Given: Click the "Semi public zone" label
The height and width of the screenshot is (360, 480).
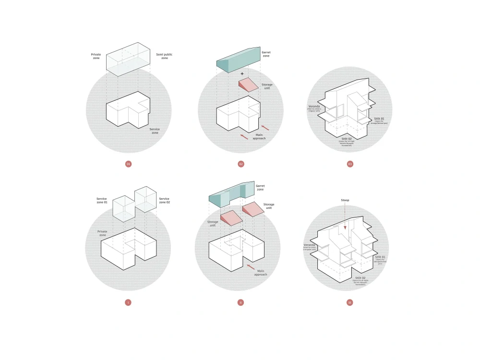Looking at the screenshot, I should (164, 56).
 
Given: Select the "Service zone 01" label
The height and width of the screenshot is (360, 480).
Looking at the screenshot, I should (102, 201).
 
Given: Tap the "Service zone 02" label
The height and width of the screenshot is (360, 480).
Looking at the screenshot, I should (165, 201).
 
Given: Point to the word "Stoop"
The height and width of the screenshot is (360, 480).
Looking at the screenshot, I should (345, 200).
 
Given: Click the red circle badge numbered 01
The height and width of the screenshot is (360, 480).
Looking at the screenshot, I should (128, 164).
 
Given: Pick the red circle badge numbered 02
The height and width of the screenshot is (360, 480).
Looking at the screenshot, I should (241, 164).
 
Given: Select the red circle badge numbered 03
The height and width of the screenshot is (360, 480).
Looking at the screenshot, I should (350, 164).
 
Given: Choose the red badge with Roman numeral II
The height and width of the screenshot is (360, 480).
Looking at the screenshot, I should (240, 302).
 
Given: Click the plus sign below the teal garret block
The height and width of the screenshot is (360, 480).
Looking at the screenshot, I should (242, 73).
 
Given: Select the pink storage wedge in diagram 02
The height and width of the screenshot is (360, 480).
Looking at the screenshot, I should (249, 85).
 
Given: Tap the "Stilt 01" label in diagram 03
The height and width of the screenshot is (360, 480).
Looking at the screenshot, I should (379, 119).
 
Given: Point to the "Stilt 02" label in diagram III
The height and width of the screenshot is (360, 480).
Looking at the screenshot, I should (360, 278).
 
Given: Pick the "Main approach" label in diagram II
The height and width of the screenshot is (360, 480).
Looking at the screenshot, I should (261, 273).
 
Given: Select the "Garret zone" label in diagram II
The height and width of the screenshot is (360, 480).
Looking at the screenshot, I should (260, 188).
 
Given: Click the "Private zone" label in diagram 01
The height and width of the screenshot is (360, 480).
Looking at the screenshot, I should (96, 56).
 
